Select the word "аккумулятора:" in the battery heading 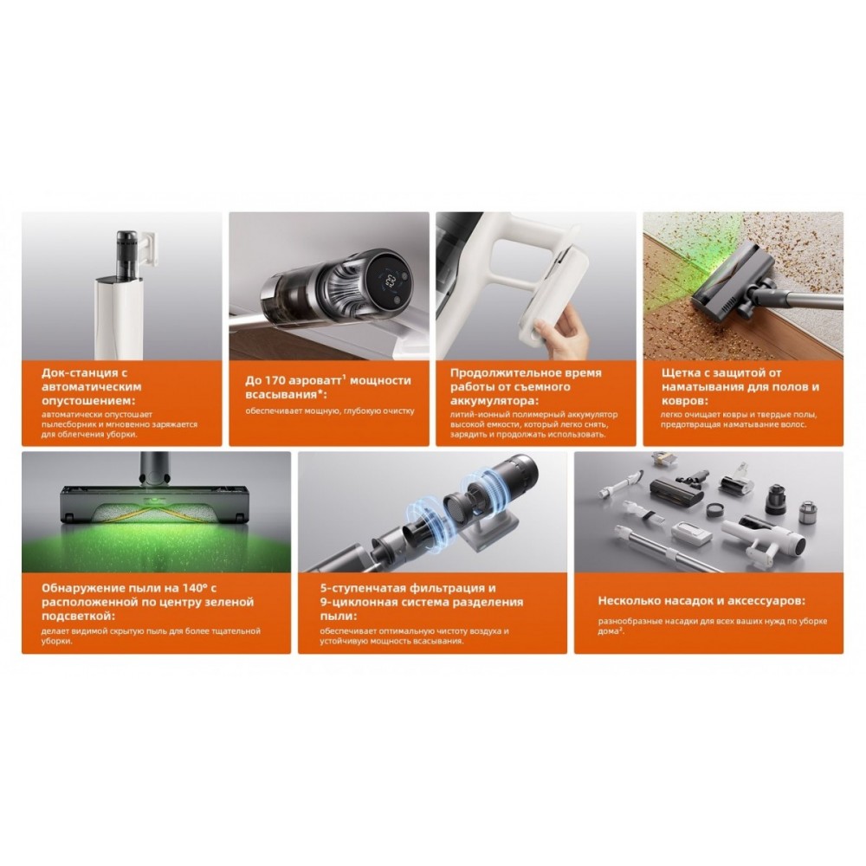point(494,400)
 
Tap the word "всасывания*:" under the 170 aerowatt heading point(286,395)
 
